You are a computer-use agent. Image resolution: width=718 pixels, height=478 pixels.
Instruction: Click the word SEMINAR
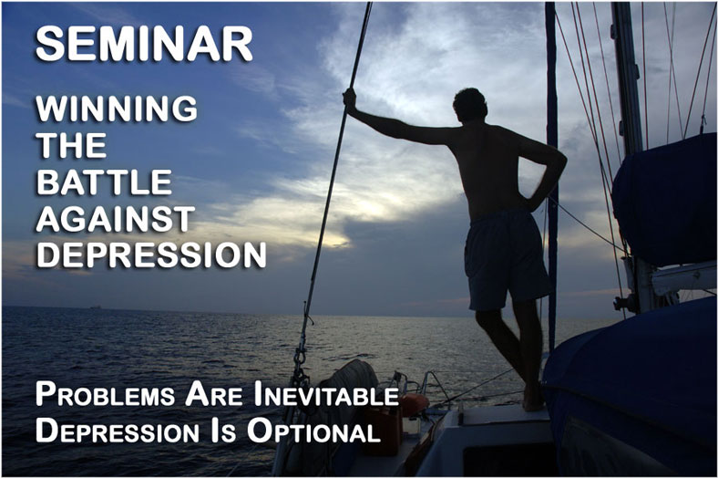point(144,44)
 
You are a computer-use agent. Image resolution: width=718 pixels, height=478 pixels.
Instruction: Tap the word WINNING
point(117,109)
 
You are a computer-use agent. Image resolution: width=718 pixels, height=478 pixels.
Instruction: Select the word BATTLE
point(104,182)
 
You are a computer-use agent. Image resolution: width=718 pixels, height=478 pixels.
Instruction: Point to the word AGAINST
point(116,218)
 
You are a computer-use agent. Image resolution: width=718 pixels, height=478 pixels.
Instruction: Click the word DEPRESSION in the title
point(151,255)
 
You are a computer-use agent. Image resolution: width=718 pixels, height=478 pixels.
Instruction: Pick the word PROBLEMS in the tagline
point(106,395)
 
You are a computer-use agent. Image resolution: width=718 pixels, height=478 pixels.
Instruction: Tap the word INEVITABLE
point(326,395)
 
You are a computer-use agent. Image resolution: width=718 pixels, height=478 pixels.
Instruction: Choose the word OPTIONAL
point(313,431)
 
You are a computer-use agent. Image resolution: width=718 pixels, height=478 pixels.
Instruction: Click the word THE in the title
point(71,145)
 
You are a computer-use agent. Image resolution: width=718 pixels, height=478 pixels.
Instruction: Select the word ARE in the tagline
point(214,395)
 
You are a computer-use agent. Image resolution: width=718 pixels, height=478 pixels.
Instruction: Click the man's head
point(470,106)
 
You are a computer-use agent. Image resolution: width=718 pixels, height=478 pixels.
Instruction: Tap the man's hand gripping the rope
point(350,98)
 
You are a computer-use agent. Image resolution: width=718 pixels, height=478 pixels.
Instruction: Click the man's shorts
point(506,259)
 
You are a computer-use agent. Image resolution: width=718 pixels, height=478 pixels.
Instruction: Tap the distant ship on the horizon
point(97,307)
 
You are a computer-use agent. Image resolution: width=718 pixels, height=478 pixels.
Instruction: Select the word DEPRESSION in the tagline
point(118,431)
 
